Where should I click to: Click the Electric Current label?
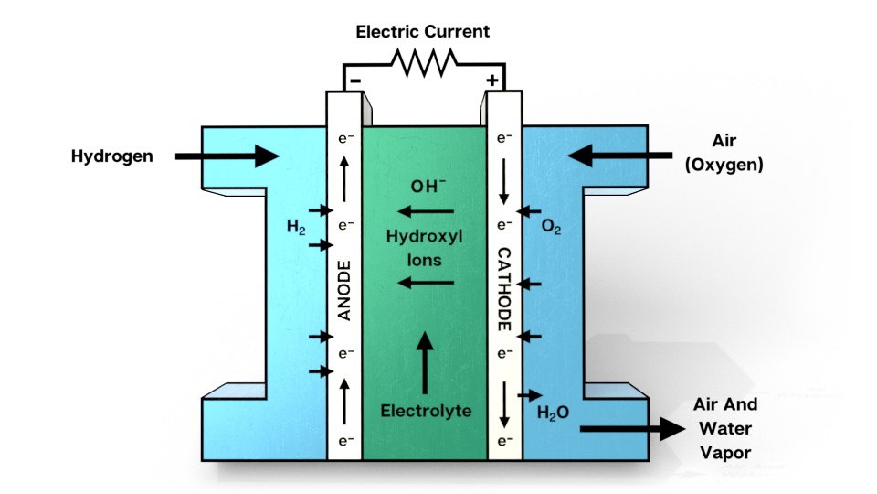(423, 31)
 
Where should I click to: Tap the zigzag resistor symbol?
(423, 62)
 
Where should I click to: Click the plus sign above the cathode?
(492, 81)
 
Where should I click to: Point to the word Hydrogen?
(111, 156)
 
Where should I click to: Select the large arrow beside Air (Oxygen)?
(620, 156)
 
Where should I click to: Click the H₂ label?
(296, 227)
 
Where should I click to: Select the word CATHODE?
(503, 288)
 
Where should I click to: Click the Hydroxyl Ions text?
(425, 248)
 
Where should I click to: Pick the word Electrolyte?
(426, 411)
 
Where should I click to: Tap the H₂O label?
(553, 413)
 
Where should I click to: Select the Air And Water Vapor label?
(729, 427)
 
